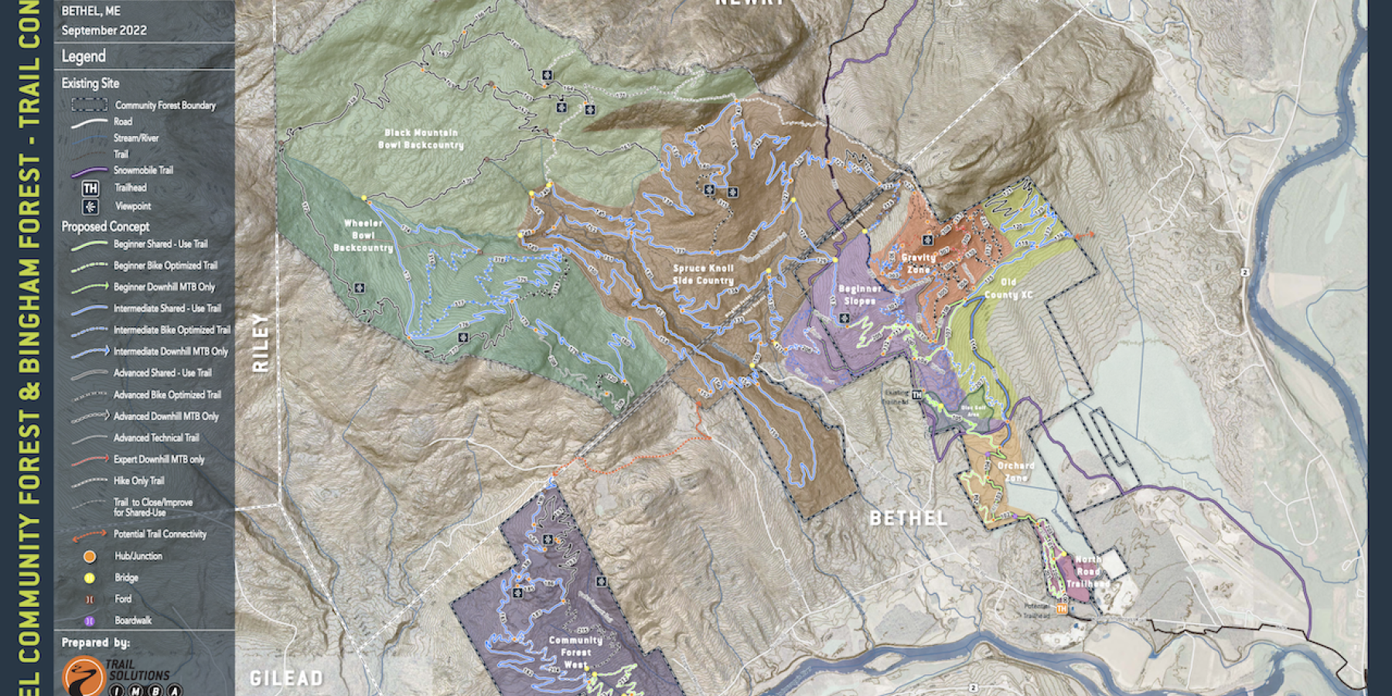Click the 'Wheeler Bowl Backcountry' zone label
tap(363, 236)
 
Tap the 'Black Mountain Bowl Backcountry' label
tap(421, 139)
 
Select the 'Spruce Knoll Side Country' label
tap(703, 275)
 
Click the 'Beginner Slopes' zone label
tap(860, 295)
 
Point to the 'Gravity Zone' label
tap(918, 263)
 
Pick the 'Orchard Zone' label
tap(1015, 472)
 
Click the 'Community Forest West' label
tap(575, 652)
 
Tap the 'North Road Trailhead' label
tap(1088, 571)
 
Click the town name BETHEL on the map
tap(909, 518)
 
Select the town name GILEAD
tap(286, 679)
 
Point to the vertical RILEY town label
tap(261, 343)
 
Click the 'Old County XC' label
tap(1008, 288)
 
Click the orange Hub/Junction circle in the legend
tap(90, 556)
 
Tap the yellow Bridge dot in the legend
tap(90, 578)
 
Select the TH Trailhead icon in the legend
tap(90, 188)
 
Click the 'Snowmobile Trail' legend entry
tap(143, 170)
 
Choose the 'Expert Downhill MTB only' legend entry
tap(159, 459)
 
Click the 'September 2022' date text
tap(104, 30)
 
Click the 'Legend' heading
tap(84, 56)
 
